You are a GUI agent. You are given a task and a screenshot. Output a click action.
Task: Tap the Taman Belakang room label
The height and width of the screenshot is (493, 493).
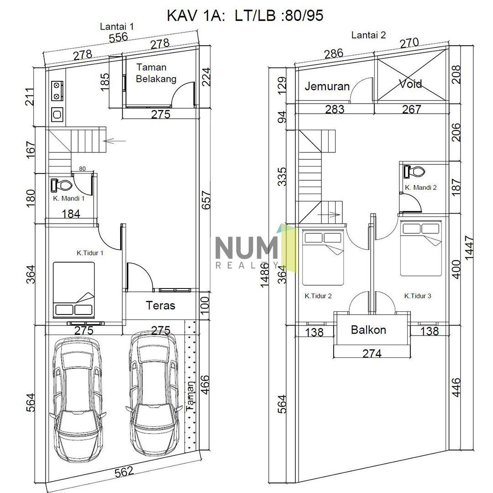point(156,73)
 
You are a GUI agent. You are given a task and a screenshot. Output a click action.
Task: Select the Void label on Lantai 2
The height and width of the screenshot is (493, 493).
point(410,84)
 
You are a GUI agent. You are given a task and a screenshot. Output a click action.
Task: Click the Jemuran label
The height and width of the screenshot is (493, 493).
point(327,86)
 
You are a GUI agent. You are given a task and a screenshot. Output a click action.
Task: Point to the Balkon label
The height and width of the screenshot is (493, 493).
point(368,330)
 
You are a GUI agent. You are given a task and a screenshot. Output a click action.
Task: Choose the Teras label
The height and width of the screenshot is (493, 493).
point(160,305)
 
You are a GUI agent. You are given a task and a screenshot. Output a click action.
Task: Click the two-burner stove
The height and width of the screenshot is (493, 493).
point(58,90)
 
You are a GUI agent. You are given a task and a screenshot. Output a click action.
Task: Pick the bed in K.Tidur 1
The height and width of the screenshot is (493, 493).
point(73,289)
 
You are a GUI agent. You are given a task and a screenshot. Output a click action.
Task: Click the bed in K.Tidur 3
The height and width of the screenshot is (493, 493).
point(421,249)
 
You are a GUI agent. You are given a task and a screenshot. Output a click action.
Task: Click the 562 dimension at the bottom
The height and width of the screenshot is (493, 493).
point(124,471)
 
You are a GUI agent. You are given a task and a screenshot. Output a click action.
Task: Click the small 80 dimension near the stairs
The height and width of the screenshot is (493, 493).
point(82,168)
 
